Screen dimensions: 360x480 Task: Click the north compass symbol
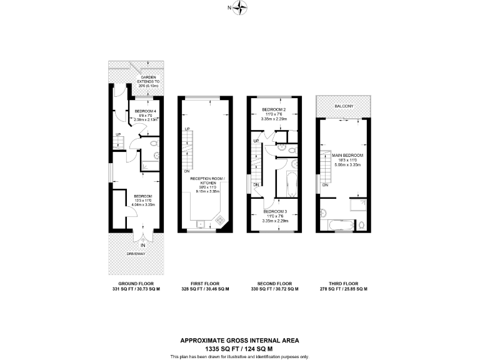[x=240, y=8]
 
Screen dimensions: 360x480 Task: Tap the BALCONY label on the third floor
[x=343, y=106]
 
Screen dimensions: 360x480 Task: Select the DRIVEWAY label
[x=136, y=254]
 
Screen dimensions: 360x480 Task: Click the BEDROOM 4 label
[x=145, y=111]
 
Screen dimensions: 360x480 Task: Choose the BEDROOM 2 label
[x=274, y=110]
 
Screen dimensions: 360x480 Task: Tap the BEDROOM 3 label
[x=275, y=212]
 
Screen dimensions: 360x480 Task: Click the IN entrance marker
[x=143, y=244]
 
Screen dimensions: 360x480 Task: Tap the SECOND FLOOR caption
[x=275, y=283]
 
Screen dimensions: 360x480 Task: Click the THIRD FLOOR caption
[x=343, y=283]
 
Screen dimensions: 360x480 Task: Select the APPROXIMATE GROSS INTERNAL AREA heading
[x=240, y=340]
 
